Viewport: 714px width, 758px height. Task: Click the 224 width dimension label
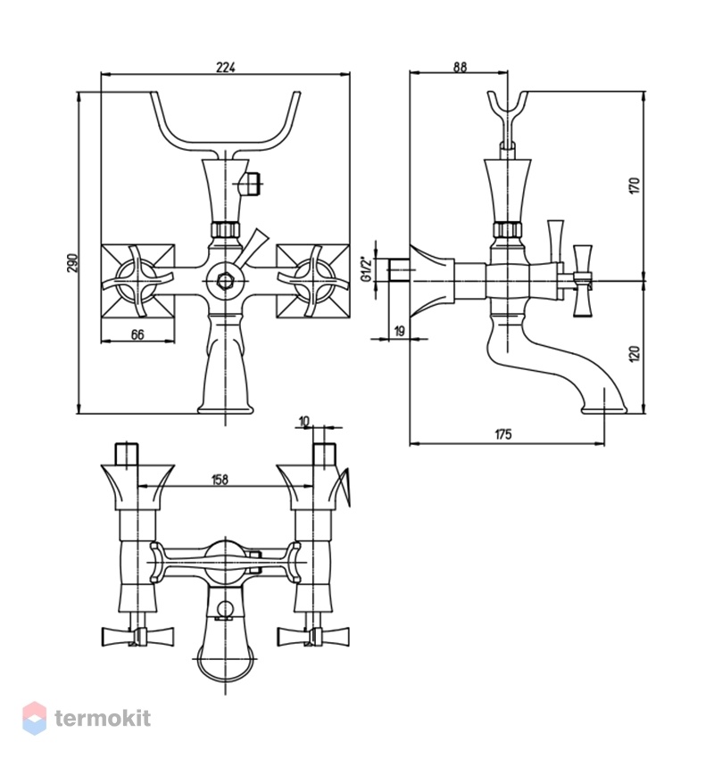[225, 67]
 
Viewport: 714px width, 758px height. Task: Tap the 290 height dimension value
[72, 262]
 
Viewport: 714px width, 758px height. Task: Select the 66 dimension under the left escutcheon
[137, 334]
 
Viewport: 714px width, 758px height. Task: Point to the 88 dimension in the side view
[460, 67]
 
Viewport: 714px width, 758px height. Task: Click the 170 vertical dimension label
[635, 186]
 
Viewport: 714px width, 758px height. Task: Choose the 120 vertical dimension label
[635, 353]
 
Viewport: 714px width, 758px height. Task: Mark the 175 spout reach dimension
[502, 434]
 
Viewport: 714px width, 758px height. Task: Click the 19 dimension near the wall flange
[400, 331]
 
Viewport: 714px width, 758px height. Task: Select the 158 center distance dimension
[220, 480]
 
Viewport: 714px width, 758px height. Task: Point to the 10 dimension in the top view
[303, 422]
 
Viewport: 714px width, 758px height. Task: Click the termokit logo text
[103, 719]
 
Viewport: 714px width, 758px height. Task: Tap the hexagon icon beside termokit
[35, 719]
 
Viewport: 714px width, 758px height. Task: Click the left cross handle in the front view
[138, 281]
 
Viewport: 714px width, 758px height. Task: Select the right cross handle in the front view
[312, 281]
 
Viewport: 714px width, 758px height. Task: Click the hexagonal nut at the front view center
[226, 280]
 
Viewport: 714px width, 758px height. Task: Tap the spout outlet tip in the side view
[603, 410]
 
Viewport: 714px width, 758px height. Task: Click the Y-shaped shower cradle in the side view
[507, 115]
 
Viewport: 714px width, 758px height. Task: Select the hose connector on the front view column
[251, 184]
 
